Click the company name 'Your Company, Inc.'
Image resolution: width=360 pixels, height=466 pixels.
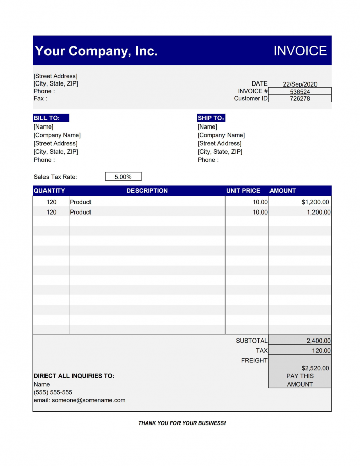click(96, 51)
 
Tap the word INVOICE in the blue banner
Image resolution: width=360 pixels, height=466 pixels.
click(300, 51)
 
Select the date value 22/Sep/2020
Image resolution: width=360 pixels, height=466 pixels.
click(300, 84)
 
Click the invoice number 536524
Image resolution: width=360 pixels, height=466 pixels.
click(300, 92)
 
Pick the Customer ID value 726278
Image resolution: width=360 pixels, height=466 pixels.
click(300, 99)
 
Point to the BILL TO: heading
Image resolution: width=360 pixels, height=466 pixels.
click(47, 118)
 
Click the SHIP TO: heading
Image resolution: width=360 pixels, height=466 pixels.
click(211, 118)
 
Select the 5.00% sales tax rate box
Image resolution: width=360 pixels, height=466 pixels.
click(123, 177)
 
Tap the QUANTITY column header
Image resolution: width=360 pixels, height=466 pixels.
click(49, 191)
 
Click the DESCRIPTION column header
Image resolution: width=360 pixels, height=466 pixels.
click(147, 191)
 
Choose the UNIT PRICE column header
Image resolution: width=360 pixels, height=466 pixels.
click(243, 191)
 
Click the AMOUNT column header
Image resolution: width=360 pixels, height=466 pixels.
click(283, 191)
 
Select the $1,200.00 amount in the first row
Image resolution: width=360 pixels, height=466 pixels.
click(316, 202)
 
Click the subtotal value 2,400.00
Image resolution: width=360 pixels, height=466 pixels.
click(318, 341)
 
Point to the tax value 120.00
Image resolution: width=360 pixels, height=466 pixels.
click(321, 350)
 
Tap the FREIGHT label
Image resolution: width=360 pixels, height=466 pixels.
click(254, 360)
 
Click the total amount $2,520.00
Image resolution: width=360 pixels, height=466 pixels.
click(315, 368)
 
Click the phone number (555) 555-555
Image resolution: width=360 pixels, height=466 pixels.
click(53, 392)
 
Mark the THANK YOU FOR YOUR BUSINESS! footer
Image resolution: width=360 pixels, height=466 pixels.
click(182, 423)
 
